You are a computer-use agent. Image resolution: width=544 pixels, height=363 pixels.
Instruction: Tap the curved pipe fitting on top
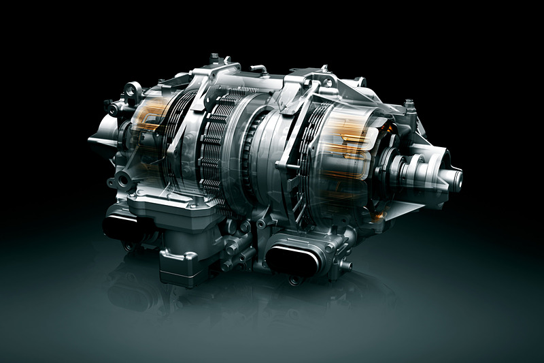coord(259,68)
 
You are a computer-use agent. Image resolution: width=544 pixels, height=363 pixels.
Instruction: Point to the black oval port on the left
coord(122,227)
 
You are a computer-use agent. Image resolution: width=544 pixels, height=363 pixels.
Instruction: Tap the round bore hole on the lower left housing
coord(122,180)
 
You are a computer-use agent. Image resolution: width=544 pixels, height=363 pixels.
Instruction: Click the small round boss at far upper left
coord(110,107)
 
